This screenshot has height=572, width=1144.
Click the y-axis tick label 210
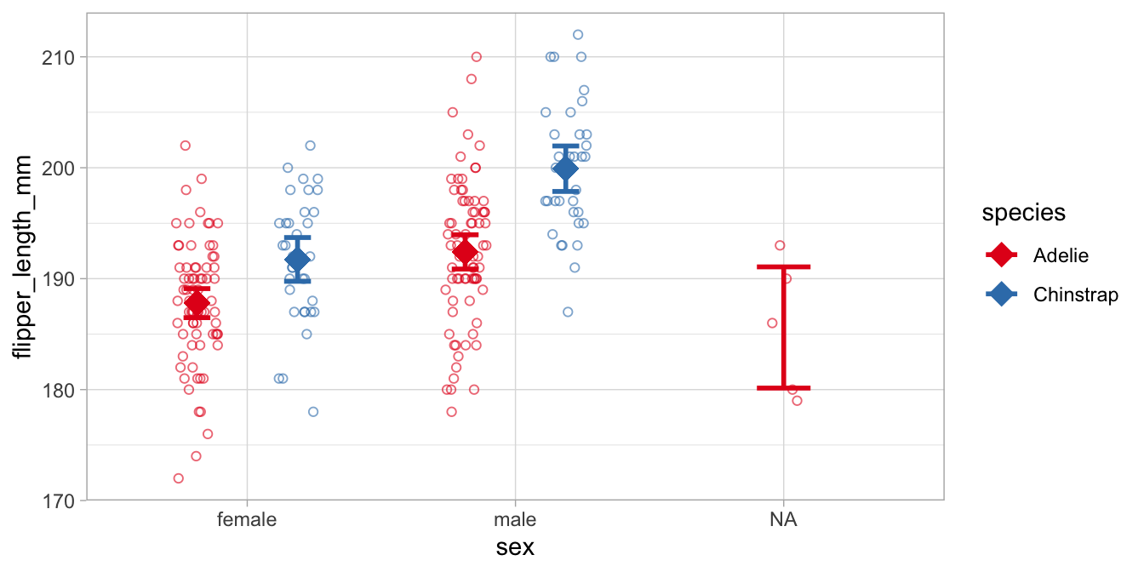pos(60,57)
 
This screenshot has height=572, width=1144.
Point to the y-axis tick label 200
pos(60,168)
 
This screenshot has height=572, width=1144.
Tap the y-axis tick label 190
pos(60,278)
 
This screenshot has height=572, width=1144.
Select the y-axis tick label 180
pos(60,390)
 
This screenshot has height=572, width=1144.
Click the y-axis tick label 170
pos(60,500)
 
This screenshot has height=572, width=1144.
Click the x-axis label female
pos(247,519)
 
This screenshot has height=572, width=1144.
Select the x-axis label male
pos(514,519)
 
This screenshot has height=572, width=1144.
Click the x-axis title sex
pos(515,547)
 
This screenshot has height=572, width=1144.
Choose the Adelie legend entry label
pos(1061,255)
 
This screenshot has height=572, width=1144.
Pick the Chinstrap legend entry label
pos(1075,295)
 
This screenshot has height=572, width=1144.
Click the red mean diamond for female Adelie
pos(197,303)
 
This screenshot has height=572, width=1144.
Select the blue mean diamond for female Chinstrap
pos(298,260)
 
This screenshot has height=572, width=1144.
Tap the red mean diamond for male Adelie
pos(465,251)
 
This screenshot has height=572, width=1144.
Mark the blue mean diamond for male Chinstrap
pos(566,169)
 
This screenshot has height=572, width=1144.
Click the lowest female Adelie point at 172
pos(179,478)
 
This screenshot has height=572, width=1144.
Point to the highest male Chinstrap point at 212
pos(578,35)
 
